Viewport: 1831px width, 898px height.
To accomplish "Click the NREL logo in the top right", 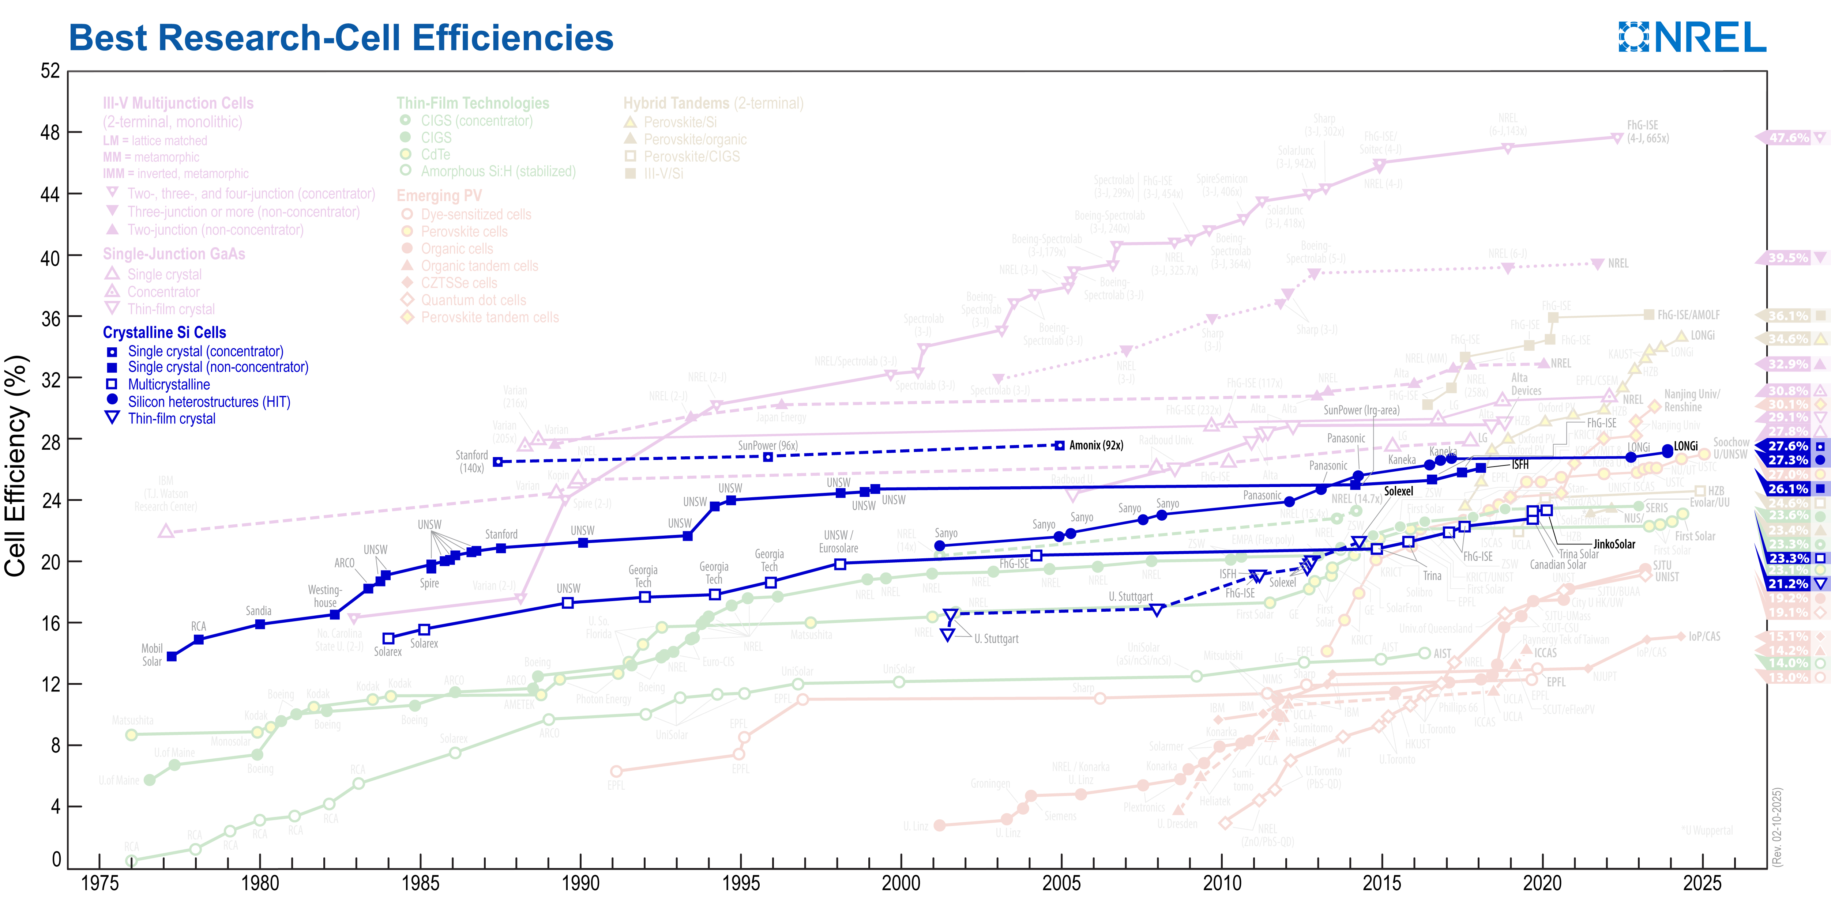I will (1692, 37).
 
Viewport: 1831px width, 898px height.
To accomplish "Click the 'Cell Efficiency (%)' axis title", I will (16, 465).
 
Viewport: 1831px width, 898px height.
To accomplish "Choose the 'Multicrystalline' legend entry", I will (169, 384).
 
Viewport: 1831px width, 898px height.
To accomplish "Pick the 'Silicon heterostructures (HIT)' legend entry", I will (209, 401).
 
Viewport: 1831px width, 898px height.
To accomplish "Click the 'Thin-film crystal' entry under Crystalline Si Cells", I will (171, 418).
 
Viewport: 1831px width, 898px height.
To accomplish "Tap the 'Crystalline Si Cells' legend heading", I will (164, 332).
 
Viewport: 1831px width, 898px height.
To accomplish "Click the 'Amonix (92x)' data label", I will (1096, 445).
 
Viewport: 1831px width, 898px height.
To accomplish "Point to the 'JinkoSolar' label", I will (1614, 544).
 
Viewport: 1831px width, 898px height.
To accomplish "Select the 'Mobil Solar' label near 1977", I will (152, 654).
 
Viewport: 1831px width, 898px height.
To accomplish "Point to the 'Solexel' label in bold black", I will (1398, 491).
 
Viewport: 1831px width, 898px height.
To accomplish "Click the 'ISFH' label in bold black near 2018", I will (1520, 465).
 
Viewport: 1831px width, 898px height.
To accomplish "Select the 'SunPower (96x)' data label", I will (768, 445).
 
